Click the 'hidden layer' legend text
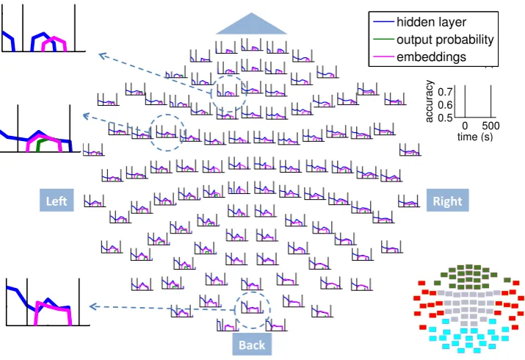431,22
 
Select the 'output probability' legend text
445,40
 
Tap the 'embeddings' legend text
431,57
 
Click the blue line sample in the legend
383,22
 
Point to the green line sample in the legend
383,39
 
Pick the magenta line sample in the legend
383,57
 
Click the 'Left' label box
57,201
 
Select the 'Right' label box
447,201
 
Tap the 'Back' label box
252,345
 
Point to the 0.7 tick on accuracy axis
445,91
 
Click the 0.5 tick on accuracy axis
445,118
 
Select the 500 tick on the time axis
490,126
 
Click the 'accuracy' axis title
429,101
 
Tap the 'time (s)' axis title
475,137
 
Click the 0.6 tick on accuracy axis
445,104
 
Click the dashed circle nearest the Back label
253,292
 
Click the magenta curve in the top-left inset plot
54,40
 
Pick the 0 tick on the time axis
465,126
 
